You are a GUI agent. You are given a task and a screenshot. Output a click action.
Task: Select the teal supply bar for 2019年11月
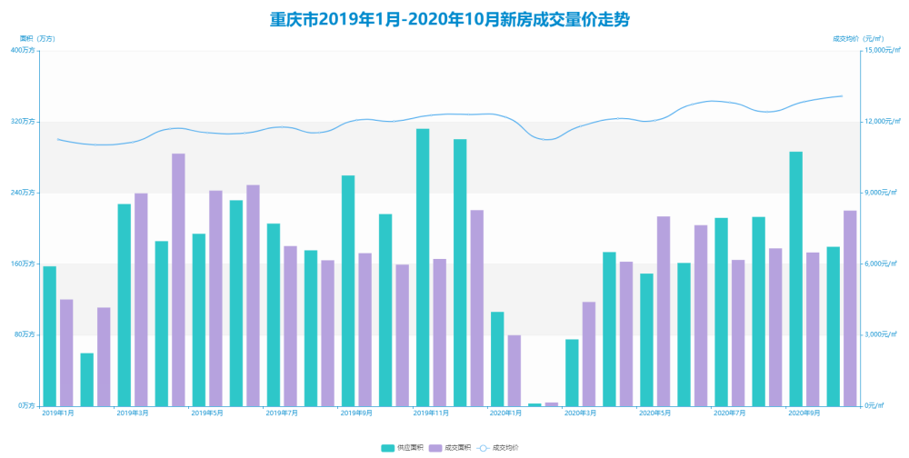pos(423,267)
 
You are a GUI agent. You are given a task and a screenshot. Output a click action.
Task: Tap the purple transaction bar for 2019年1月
pos(66,353)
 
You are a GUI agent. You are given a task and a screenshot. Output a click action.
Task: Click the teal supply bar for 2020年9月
pos(795,278)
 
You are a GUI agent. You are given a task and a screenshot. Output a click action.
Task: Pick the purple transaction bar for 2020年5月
pos(664,311)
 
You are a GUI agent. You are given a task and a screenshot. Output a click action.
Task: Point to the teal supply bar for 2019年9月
pos(348,291)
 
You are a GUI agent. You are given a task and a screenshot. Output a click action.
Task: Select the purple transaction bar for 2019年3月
pos(141,299)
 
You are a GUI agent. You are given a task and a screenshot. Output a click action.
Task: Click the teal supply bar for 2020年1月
pos(497,359)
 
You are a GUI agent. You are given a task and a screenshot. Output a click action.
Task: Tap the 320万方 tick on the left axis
pos(24,122)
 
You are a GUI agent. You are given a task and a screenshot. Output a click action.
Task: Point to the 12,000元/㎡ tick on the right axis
pos(879,122)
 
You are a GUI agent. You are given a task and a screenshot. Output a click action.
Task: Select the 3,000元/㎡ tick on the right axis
pos(880,334)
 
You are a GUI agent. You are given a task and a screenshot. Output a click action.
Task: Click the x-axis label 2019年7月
pos(282,413)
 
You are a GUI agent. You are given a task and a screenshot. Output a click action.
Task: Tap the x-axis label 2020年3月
pos(580,413)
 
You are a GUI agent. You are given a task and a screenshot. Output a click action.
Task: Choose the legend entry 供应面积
pos(404,448)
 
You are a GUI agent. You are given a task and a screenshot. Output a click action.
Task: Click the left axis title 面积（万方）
pos(37,38)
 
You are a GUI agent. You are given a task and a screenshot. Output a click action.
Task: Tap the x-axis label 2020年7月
pos(729,413)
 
